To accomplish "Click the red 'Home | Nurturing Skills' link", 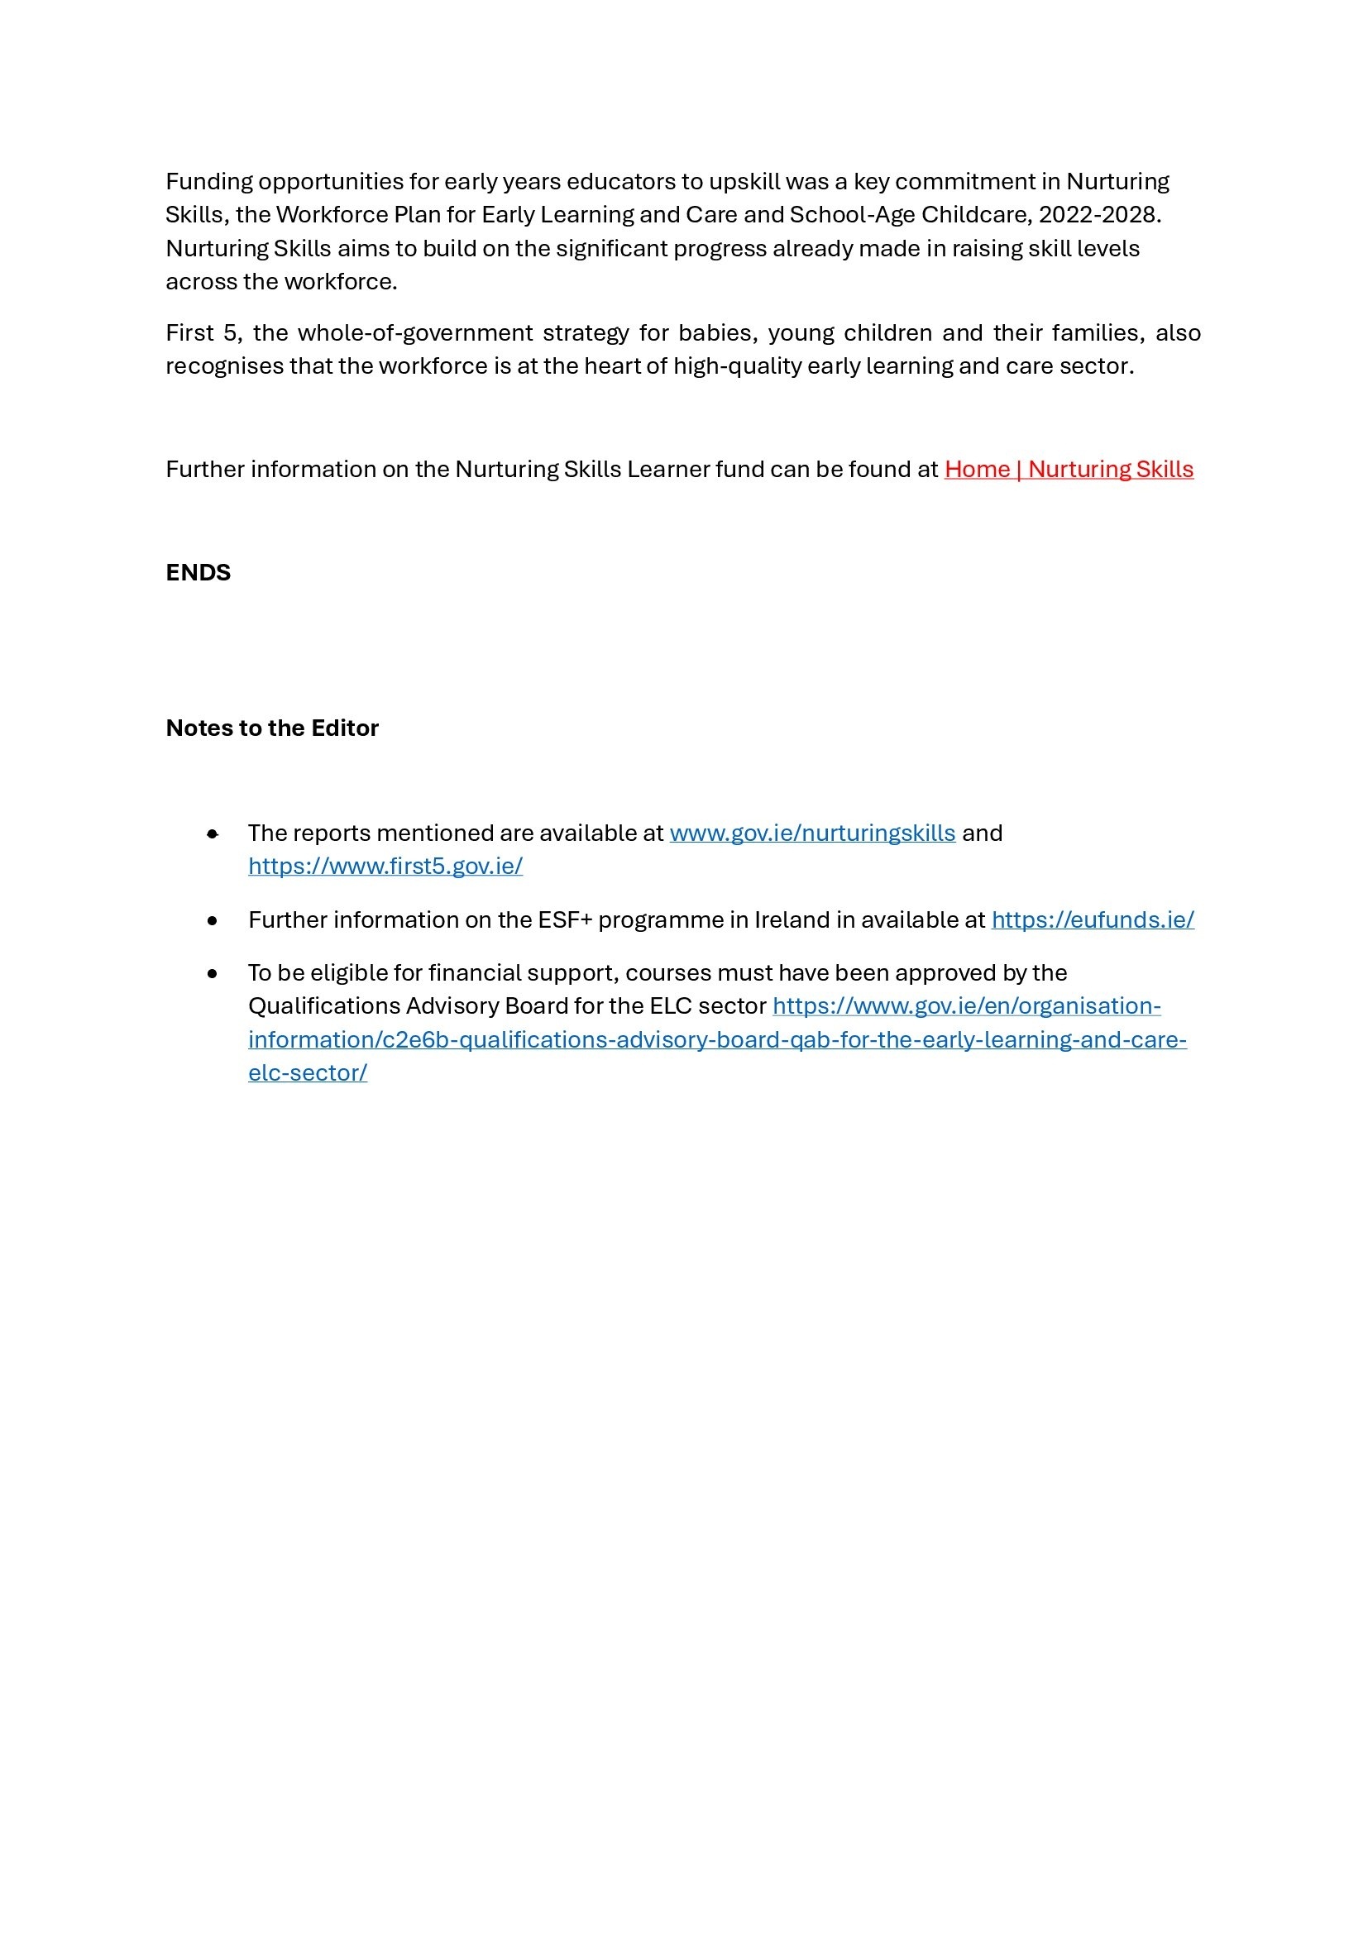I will [1068, 469].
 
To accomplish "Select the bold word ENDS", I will [198, 573].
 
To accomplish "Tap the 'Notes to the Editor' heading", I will [272, 728].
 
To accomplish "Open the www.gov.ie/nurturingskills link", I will [812, 833].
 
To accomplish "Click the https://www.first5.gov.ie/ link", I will [385, 866].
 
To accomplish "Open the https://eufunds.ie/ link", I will [1093, 919].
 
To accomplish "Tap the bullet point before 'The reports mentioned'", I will [213, 834].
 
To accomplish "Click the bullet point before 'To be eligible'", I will [213, 974].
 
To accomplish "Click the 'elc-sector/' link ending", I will [308, 1073].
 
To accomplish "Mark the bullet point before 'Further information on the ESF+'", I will [213, 920].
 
